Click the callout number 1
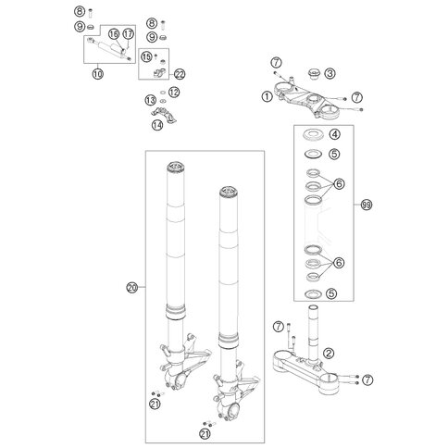tap(268, 96)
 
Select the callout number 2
tap(329, 353)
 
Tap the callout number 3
tap(330, 73)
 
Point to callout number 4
tap(334, 134)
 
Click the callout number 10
tap(98, 74)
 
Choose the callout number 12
tap(174, 92)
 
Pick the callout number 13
tap(151, 100)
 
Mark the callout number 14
tap(157, 125)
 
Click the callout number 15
tap(146, 56)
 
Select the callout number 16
tap(114, 34)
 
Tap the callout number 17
tap(129, 34)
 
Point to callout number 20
tap(132, 288)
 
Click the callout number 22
tap(180, 74)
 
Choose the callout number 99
tap(367, 205)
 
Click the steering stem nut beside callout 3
tap(314, 74)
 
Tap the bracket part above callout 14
tap(164, 115)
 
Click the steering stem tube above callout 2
tap(313, 333)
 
